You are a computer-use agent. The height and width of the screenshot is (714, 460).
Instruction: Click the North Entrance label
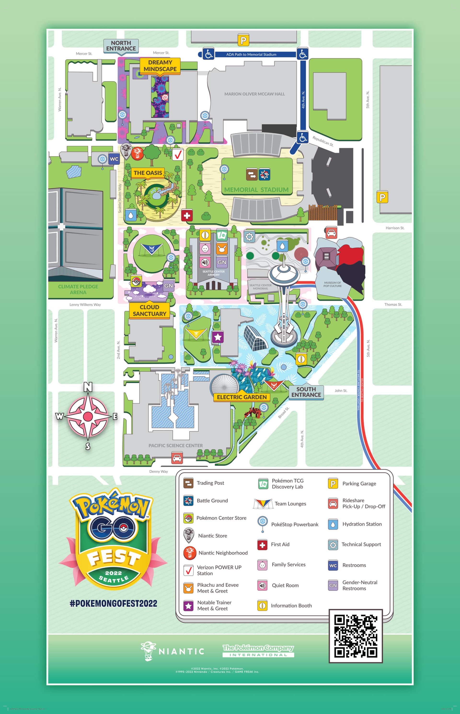tap(121, 46)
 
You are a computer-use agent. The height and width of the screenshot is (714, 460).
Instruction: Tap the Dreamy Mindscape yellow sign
tap(160, 66)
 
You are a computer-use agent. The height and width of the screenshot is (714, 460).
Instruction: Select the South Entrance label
tap(306, 392)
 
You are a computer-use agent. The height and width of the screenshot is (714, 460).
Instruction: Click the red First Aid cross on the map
tap(187, 215)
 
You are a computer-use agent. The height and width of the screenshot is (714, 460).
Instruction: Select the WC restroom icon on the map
tap(114, 159)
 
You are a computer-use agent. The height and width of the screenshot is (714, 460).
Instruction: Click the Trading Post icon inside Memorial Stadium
tap(252, 174)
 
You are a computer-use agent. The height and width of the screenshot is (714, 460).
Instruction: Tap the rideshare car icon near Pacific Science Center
tap(177, 458)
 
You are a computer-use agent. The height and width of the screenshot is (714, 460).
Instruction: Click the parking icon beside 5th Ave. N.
tap(382, 197)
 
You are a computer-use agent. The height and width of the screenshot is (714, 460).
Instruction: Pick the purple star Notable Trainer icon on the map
tap(218, 337)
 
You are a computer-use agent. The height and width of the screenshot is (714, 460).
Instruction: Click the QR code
tap(356, 636)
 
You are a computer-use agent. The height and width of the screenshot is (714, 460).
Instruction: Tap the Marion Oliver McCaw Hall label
tap(254, 94)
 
